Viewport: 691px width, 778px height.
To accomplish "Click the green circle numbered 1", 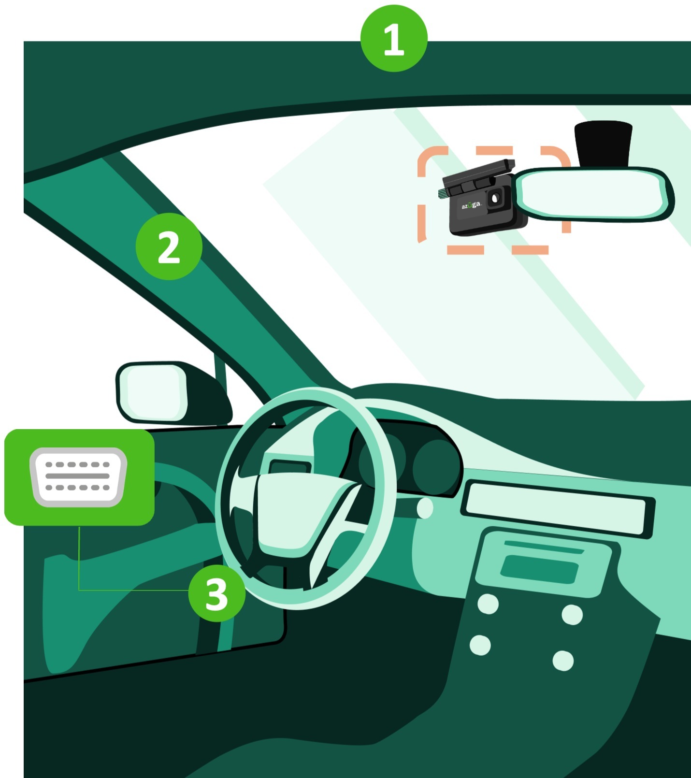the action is [x=394, y=39].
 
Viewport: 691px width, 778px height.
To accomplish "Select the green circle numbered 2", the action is [x=169, y=246].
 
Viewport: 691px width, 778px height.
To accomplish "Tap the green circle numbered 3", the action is [x=216, y=593].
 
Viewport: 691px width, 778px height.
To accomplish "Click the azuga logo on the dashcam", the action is [x=471, y=205].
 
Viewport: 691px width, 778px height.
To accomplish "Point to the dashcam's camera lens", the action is [x=495, y=198].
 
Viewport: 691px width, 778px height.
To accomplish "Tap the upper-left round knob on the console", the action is [x=488, y=604].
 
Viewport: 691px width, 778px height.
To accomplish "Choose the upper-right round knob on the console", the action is [x=572, y=615].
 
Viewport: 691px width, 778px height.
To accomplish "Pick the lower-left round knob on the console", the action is [x=480, y=645].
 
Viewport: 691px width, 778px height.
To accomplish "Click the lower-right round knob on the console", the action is [x=563, y=661].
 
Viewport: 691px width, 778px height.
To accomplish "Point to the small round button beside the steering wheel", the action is [x=425, y=508].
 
